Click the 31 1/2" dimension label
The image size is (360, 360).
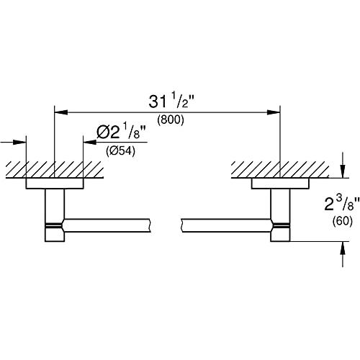[171, 102]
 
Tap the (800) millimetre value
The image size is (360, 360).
[171, 120]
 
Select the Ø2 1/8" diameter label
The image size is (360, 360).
[122, 132]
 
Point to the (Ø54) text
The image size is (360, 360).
[121, 151]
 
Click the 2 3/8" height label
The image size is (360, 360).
[342, 204]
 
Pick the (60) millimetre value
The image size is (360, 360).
[343, 221]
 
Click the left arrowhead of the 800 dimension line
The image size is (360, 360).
[61, 112]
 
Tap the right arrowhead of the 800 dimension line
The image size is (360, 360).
[274, 112]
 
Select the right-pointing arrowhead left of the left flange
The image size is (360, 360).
[19, 142]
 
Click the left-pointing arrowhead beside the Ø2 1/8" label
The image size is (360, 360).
[89, 142]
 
